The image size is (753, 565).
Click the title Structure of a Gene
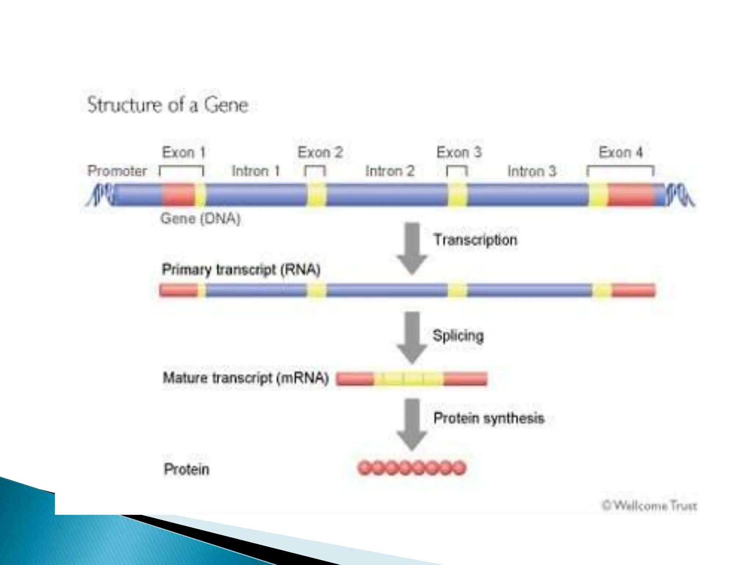[x=168, y=105]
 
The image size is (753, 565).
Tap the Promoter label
[x=117, y=171]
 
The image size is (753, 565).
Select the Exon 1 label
[x=183, y=152]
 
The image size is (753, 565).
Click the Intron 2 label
[x=390, y=171]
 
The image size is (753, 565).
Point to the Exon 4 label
[x=621, y=152]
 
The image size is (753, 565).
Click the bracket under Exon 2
[x=315, y=169]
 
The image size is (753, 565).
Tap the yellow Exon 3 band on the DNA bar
[x=457, y=195]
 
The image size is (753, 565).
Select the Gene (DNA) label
[x=200, y=219]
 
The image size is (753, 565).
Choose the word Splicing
[x=458, y=335]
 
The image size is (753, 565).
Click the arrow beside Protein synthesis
[x=412, y=423]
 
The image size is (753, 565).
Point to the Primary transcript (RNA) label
[x=241, y=270]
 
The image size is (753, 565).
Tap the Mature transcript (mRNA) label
[x=245, y=378]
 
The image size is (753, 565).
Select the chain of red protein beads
[x=412, y=468]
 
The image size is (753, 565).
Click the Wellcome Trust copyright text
[x=649, y=506]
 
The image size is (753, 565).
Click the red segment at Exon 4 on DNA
[x=631, y=195]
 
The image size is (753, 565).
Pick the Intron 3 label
[x=532, y=171]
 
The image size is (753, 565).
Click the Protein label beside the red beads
[x=186, y=469]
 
